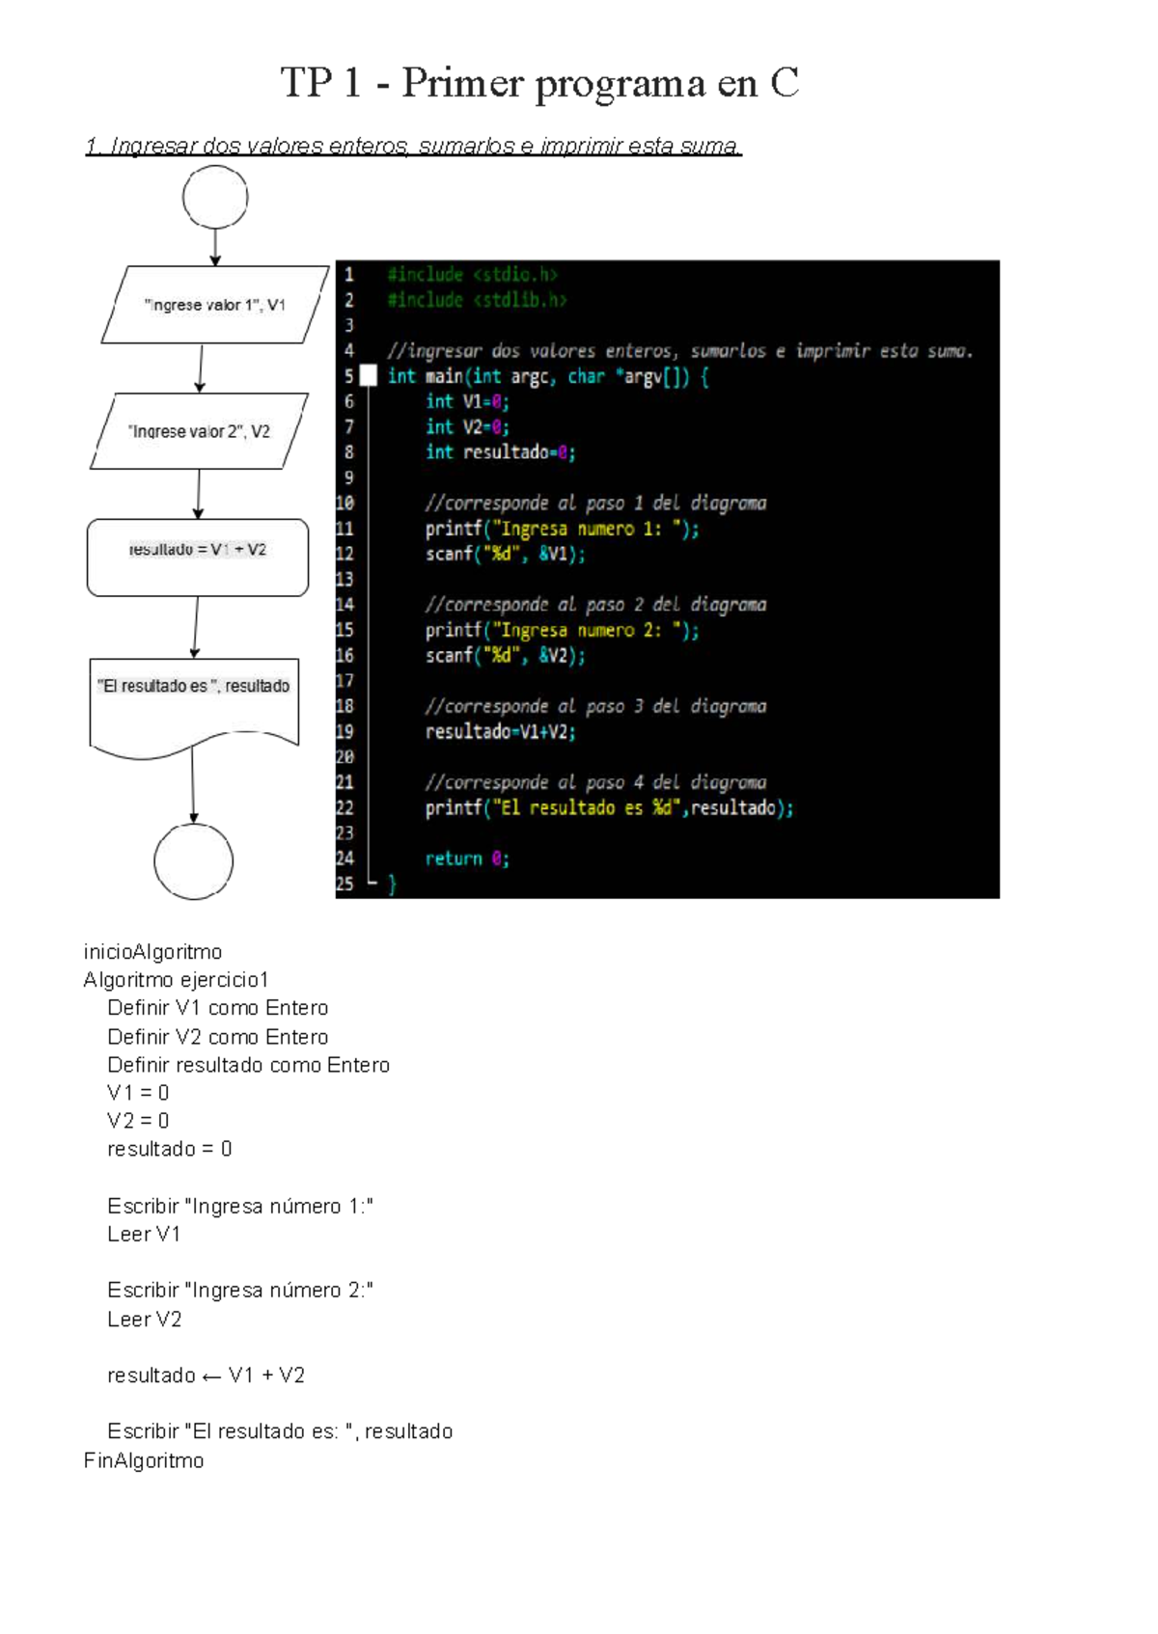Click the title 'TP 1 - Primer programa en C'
pyautogui.click(x=539, y=83)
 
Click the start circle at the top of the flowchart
pyautogui.click(x=215, y=197)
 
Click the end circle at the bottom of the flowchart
pyautogui.click(x=194, y=861)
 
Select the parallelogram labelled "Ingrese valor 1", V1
pyautogui.click(x=215, y=305)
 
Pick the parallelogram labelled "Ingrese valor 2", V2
pyautogui.click(x=199, y=431)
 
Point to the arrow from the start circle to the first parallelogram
pyautogui.click(x=215, y=246)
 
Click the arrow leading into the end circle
pyautogui.click(x=193, y=786)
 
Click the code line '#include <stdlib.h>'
pyautogui.click(x=477, y=300)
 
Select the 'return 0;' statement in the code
pyautogui.click(x=467, y=858)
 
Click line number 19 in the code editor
pyautogui.click(x=345, y=732)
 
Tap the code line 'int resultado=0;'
pyautogui.click(x=500, y=452)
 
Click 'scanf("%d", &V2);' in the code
pyautogui.click(x=505, y=656)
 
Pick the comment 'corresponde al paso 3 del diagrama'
pyautogui.click(x=595, y=706)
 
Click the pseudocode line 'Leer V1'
pyautogui.click(x=144, y=1235)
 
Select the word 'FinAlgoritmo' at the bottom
pyautogui.click(x=144, y=1460)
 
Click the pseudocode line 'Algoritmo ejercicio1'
pyautogui.click(x=176, y=980)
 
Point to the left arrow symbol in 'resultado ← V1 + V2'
pyautogui.click(x=212, y=1376)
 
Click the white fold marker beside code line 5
pyautogui.click(x=368, y=376)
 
